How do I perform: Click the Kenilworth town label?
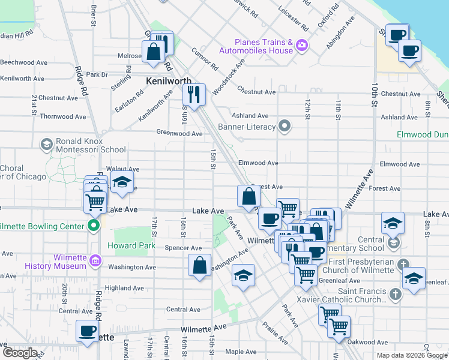click(169, 81)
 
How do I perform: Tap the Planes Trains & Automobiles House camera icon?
click(301, 44)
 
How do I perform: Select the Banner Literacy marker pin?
click(285, 127)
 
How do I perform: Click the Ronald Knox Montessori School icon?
click(46, 144)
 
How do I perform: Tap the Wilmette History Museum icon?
click(94, 261)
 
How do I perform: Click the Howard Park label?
click(131, 245)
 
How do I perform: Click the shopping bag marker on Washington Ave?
click(199, 265)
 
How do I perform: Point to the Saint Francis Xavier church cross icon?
click(395, 294)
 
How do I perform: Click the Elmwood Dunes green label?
click(423, 134)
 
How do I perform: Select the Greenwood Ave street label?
click(179, 133)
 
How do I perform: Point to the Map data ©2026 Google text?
click(412, 355)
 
